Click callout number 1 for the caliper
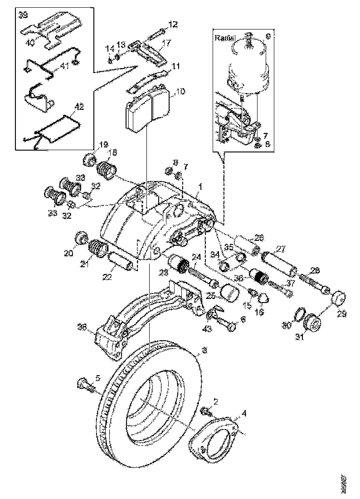click(200, 186)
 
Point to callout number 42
click(79, 107)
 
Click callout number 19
click(104, 145)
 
